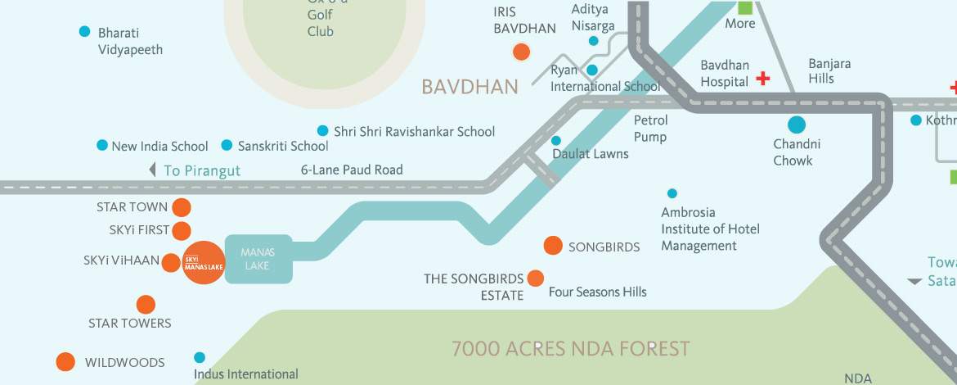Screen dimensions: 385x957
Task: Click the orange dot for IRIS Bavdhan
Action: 521,53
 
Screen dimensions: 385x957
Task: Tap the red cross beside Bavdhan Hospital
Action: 762,79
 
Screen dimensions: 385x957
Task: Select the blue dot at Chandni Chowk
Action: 796,125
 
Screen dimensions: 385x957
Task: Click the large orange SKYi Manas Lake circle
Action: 203,263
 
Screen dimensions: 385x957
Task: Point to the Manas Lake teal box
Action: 258,259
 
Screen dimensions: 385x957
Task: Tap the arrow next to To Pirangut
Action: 152,170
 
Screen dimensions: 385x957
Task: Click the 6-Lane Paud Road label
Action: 352,170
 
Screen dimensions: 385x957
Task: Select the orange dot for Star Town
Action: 182,207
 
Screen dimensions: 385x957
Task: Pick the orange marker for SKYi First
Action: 182,231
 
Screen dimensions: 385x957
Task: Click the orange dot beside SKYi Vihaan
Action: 170,263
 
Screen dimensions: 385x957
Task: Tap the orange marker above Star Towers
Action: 146,305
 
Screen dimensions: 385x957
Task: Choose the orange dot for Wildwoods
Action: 65,361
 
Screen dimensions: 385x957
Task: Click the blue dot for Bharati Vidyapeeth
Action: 84,32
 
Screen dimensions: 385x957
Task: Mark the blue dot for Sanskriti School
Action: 227,145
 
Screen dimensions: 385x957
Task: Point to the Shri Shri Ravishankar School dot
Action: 322,131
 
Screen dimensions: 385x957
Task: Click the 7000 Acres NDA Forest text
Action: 571,349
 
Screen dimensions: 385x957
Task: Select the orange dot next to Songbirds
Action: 553,246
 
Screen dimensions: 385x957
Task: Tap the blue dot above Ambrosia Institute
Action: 672,193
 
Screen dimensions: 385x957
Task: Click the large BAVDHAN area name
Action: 470,87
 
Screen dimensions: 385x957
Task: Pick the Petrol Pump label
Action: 651,129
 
